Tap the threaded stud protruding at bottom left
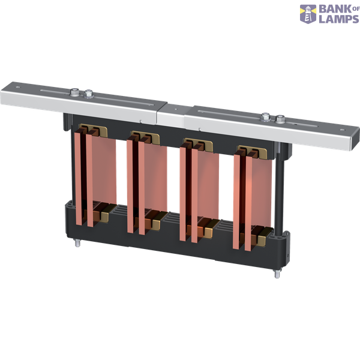(77, 244)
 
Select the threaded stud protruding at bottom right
(278, 274)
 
